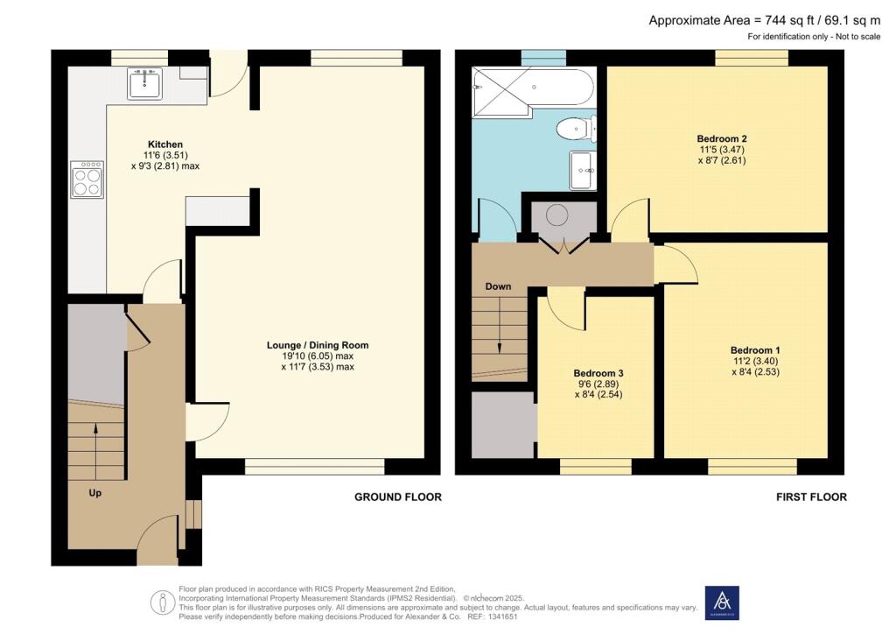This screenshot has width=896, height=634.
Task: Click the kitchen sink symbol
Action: pos(144,85)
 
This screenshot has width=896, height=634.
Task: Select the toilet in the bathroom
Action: pos(575,130)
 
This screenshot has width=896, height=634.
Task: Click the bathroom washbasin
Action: pos(582,170)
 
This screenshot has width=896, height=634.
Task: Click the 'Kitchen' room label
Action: pos(164,144)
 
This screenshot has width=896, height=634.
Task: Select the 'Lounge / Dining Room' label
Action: pos(318,345)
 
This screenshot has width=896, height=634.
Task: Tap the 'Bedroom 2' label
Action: pos(721,138)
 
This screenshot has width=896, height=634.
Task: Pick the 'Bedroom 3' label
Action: pos(598,372)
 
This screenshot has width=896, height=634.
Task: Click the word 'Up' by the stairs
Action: pos(95,493)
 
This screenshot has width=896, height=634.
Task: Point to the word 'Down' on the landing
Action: pos(498,286)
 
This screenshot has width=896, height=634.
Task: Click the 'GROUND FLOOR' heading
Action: pos(397,497)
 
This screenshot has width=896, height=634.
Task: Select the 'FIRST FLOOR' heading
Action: pos(811,497)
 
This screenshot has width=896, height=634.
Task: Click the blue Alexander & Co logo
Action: pos(722,602)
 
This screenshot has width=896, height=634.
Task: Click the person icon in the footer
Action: pos(162,602)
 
